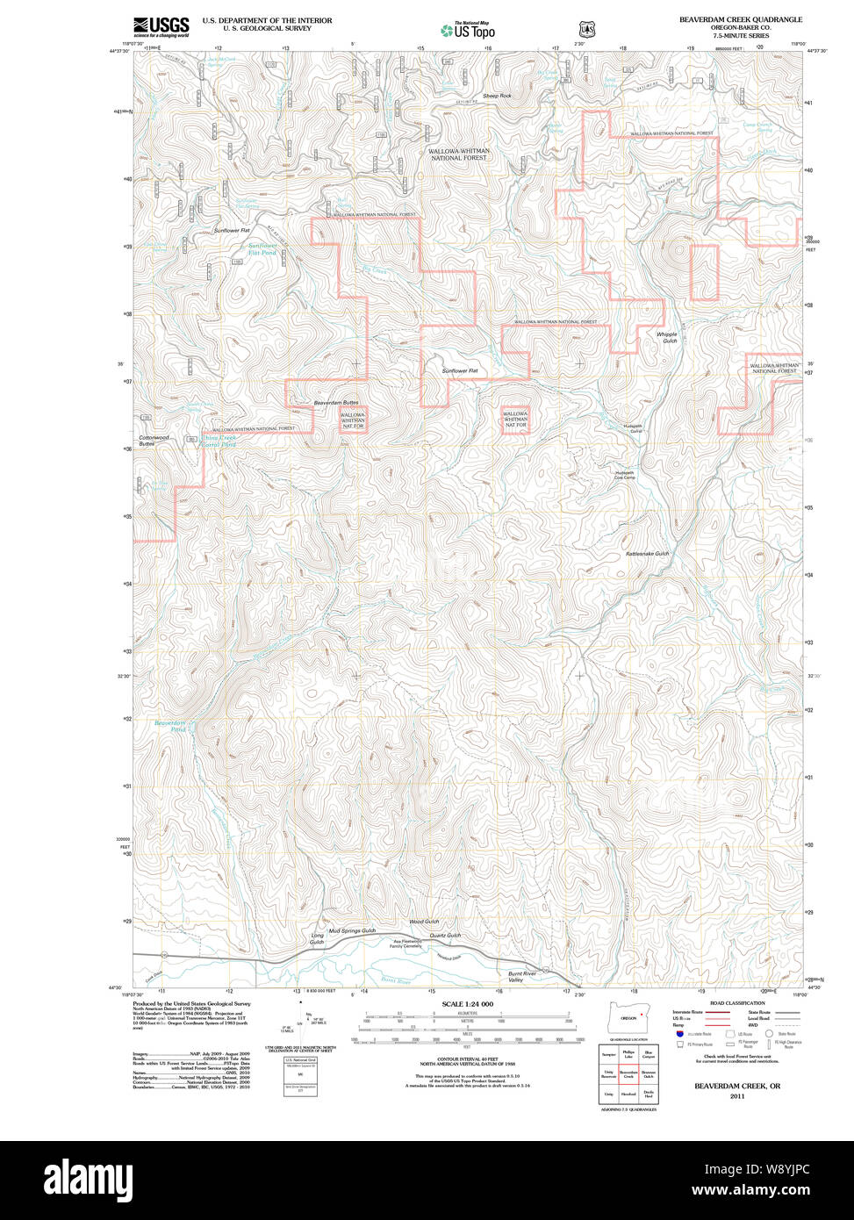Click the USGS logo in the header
tap(161, 27)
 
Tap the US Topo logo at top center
tap(467, 31)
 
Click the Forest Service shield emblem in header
tap(585, 30)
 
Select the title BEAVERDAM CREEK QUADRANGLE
tap(740, 19)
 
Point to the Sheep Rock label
tap(496, 96)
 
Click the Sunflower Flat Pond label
tap(262, 249)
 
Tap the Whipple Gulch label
tap(667, 337)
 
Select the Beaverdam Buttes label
tap(336, 403)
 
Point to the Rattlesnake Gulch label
tap(647, 554)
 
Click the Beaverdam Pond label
tap(170, 726)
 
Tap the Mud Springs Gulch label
tap(351, 929)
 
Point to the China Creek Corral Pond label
tap(219, 441)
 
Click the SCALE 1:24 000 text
tap(467, 1004)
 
